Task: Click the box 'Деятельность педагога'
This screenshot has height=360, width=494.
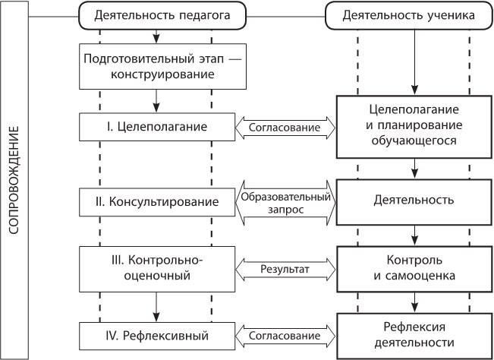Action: point(156,15)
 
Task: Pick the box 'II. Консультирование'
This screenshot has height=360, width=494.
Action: point(156,202)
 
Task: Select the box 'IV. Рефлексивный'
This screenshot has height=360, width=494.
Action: point(156,334)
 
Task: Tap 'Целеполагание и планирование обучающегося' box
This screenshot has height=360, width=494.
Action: point(415,125)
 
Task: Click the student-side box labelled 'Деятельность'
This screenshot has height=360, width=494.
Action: point(415,201)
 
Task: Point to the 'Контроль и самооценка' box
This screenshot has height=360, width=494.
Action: point(415,268)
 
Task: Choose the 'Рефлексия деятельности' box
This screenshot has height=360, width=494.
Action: point(415,335)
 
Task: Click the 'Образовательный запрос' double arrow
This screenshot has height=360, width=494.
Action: point(285,202)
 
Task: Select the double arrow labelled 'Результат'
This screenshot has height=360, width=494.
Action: point(285,268)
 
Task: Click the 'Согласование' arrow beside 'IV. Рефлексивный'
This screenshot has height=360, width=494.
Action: point(285,334)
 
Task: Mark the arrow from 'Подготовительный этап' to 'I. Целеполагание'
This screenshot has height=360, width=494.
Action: point(156,99)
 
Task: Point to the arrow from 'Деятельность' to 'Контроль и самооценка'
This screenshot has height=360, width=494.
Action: point(415,235)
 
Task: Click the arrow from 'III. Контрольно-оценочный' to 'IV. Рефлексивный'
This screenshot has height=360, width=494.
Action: point(156,302)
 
